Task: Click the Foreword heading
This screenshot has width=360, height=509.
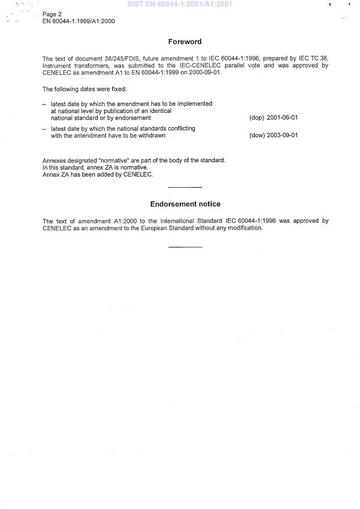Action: point(185,42)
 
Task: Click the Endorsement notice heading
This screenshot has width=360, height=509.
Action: point(185,204)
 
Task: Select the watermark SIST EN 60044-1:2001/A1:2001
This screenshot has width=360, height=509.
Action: point(175,4)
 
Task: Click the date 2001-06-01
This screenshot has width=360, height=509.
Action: point(282,117)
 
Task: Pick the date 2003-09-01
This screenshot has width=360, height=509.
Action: point(282,135)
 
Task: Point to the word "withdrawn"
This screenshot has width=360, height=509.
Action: point(151,135)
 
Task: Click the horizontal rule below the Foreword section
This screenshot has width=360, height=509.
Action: point(185,187)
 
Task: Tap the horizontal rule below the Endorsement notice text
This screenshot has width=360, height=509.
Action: point(185,247)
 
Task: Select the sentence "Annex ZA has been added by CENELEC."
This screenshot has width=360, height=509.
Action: point(98,174)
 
